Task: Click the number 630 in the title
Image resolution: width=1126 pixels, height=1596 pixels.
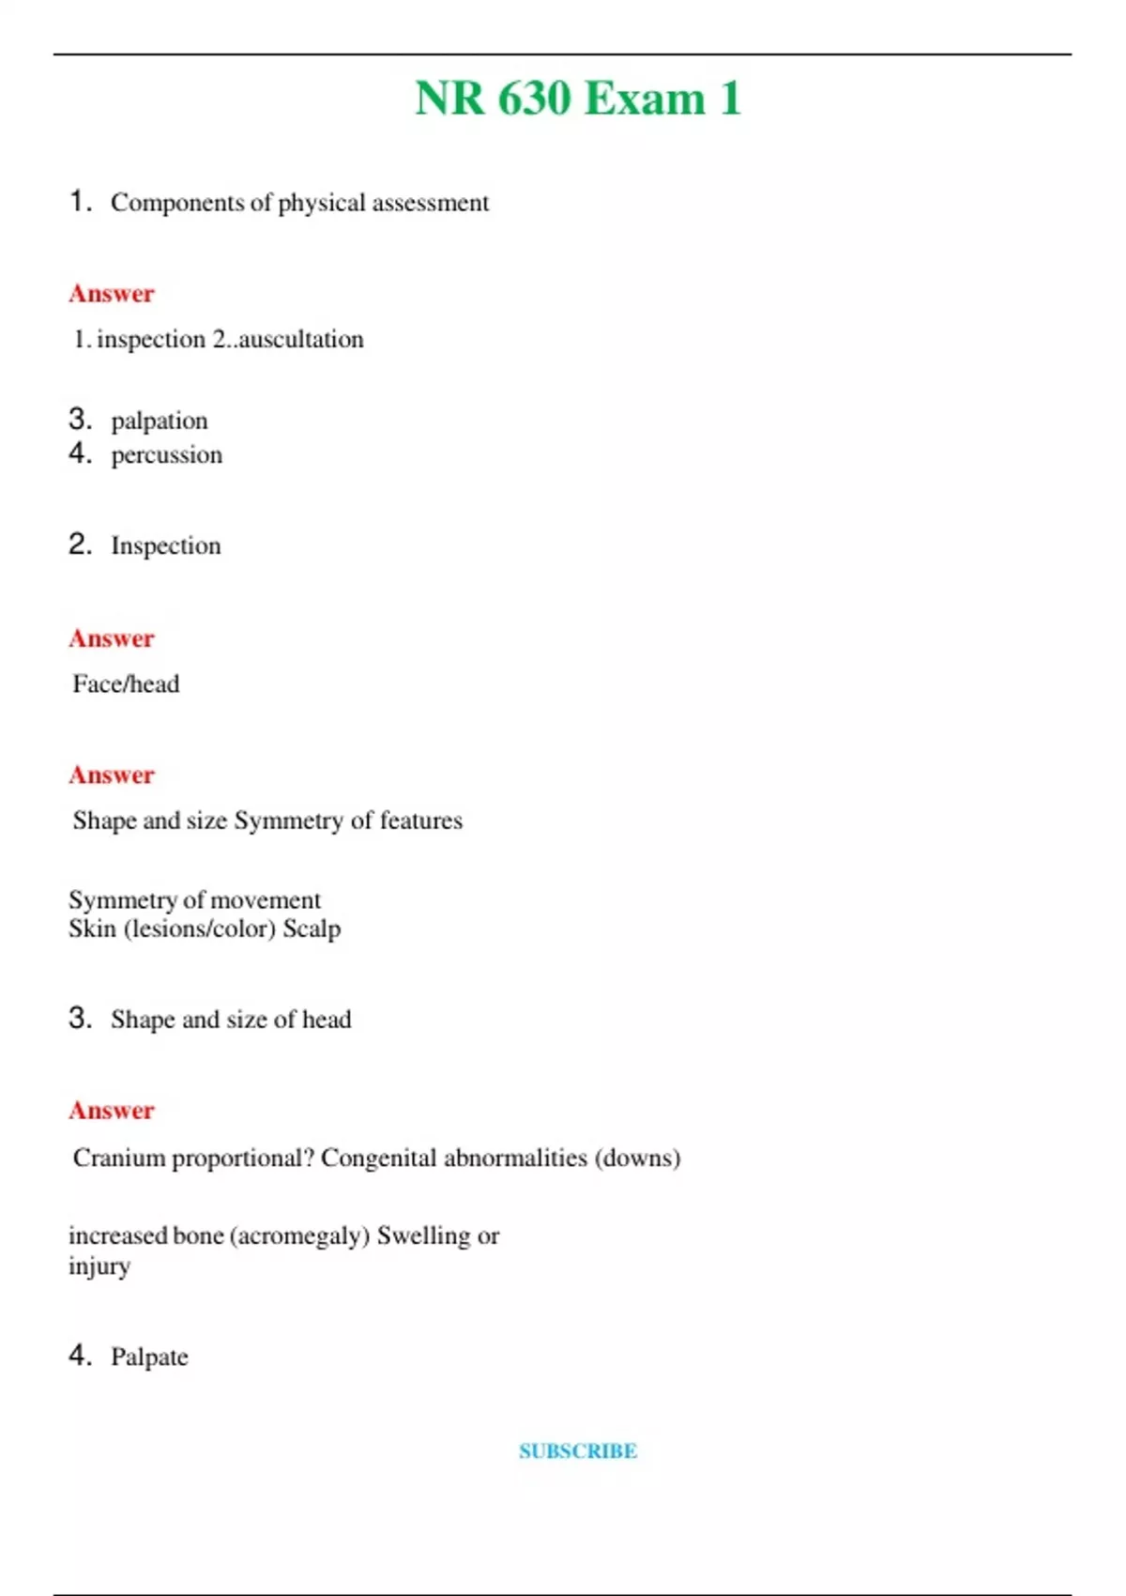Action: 534,99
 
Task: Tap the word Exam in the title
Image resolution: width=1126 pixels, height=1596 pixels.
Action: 645,99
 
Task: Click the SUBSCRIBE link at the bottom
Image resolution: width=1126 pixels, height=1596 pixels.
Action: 578,1450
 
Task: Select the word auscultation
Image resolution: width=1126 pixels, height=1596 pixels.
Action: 301,339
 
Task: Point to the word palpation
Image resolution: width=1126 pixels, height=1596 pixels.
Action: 160,421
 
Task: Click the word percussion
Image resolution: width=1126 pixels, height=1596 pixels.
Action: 167,455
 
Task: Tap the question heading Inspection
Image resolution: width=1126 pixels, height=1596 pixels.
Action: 166,545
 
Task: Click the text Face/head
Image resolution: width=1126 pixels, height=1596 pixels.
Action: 126,683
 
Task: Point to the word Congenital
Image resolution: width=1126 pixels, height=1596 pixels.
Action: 379,1158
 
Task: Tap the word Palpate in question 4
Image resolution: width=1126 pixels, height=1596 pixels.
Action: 149,1357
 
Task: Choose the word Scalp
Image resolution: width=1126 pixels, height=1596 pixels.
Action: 312,928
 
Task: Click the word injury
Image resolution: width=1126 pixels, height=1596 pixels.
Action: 99,1266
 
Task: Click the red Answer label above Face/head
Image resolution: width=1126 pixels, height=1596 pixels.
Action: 112,638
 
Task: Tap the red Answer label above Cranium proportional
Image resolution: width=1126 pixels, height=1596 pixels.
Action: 112,1111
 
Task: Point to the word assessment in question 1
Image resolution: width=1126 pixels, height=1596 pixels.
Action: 431,203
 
